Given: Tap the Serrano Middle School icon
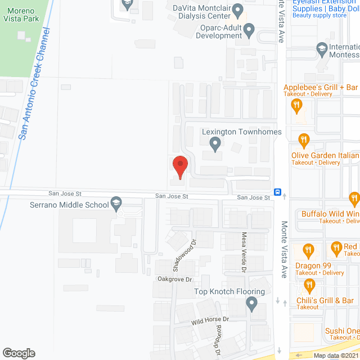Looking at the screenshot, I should pyautogui.click(x=116, y=202).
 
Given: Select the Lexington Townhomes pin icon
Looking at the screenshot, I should pyautogui.click(x=215, y=145).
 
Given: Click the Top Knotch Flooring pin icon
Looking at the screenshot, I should pyautogui.click(x=251, y=305).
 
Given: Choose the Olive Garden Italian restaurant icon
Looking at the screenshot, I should pyautogui.click(x=304, y=139).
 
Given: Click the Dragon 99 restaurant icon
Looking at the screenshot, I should pyautogui.click(x=308, y=249).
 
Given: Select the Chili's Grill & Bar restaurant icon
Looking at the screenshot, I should pyautogui.click(x=308, y=287).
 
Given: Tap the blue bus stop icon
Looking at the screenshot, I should pyautogui.click(x=278, y=191).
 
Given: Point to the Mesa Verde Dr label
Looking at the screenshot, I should pyautogui.click(x=244, y=254).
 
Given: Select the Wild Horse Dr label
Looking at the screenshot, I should pyautogui.click(x=210, y=320).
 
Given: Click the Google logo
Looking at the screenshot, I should pyautogui.click(x=18, y=353).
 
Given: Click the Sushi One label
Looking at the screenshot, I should pyautogui.click(x=341, y=331).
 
